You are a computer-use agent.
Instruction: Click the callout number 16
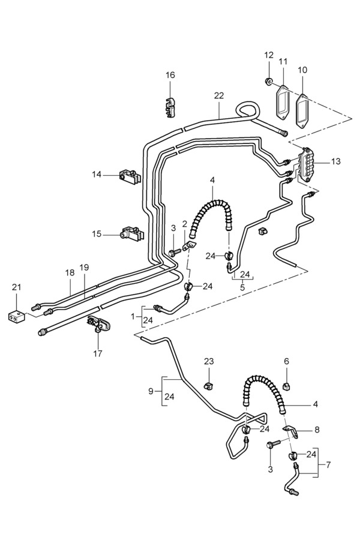170,75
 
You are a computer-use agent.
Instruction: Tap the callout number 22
219,95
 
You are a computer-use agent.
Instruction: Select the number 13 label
336,161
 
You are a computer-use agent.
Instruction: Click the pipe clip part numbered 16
170,107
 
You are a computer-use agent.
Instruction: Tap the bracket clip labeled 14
130,176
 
